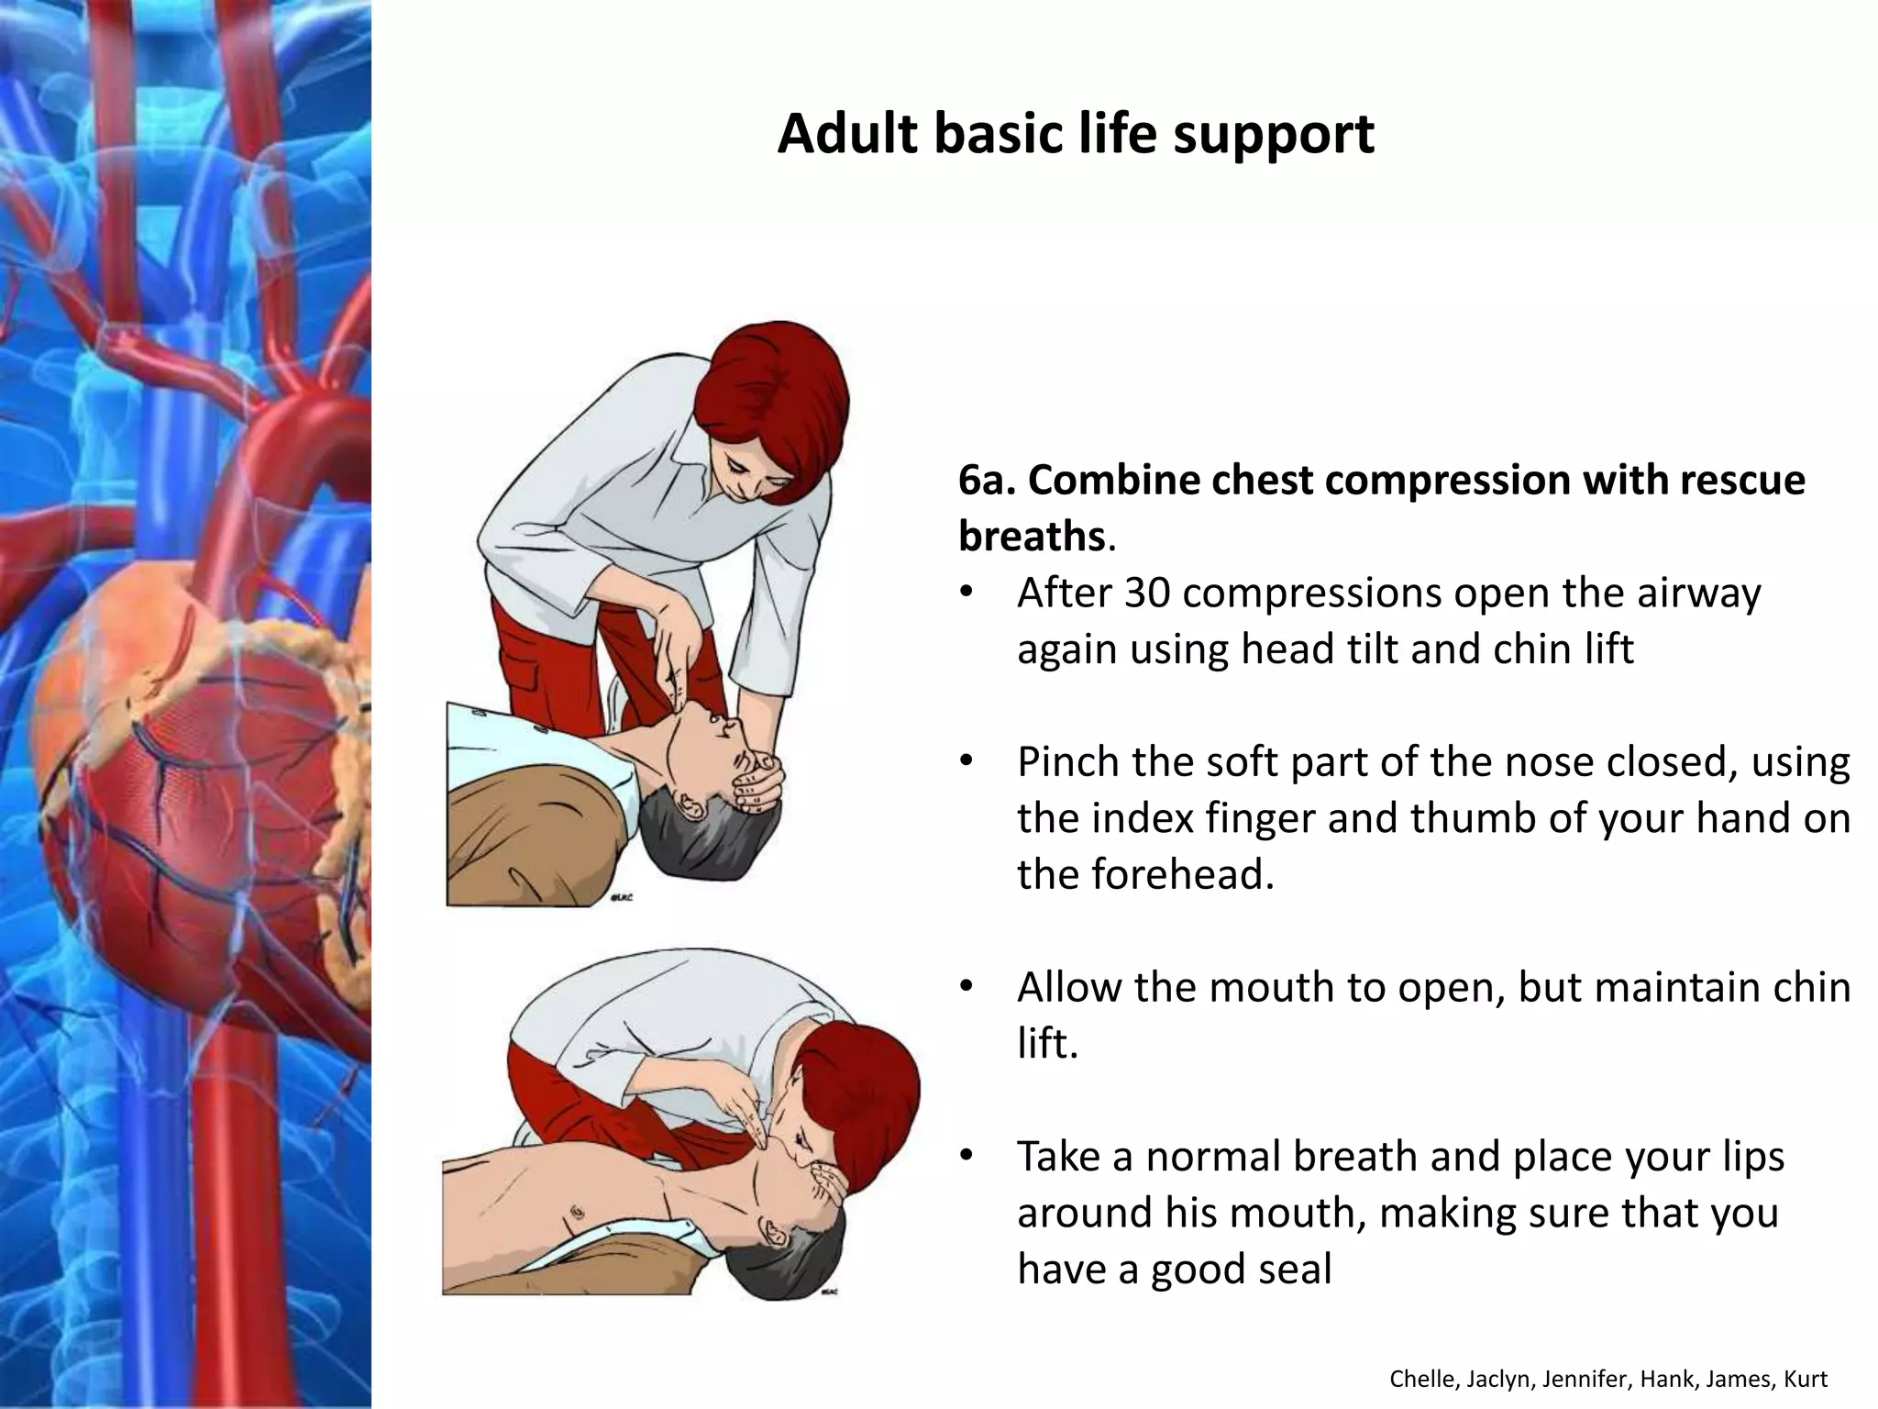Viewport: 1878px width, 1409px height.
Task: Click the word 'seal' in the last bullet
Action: point(1297,1269)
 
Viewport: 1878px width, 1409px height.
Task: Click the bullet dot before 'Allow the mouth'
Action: point(965,988)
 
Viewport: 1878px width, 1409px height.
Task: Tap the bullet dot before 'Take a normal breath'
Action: point(965,1157)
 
